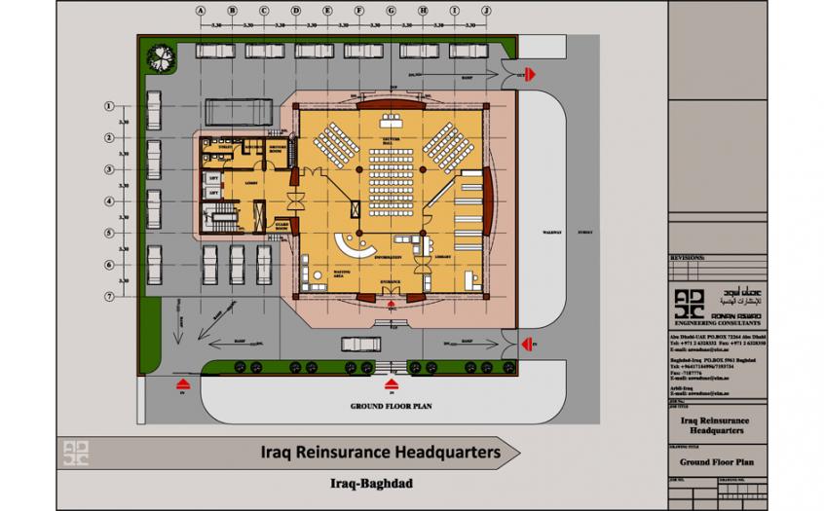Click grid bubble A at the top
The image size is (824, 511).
pyautogui.click(x=201, y=10)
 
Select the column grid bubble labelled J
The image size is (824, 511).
pyautogui.click(x=486, y=10)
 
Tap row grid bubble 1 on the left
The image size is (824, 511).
pyautogui.click(x=110, y=105)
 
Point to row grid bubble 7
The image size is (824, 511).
pyautogui.click(x=110, y=295)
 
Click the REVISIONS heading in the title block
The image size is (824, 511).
pyautogui.click(x=688, y=259)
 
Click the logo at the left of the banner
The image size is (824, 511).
pyautogui.click(x=78, y=452)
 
